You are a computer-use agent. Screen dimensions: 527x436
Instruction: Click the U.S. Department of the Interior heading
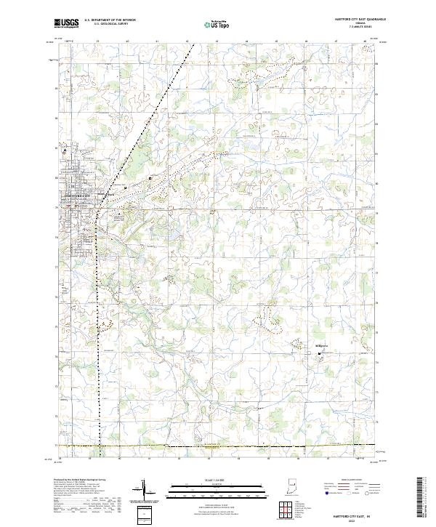110,20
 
